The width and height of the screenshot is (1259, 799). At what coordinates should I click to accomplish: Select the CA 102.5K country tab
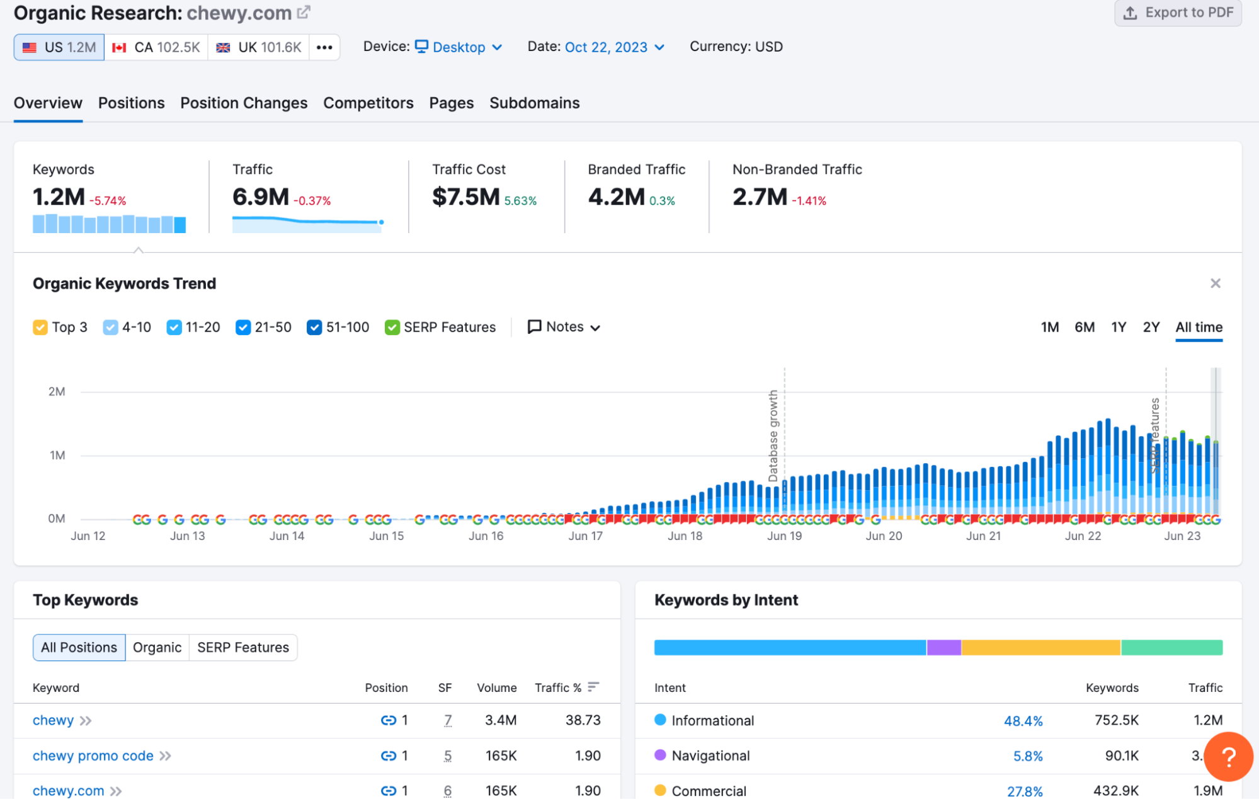click(x=156, y=47)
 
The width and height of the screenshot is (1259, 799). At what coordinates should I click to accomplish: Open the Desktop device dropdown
click(x=459, y=47)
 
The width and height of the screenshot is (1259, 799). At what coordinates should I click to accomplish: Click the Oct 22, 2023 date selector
click(x=614, y=47)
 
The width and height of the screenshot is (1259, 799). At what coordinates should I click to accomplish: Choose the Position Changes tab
click(x=244, y=103)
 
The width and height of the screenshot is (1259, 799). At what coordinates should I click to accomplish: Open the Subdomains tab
click(x=534, y=103)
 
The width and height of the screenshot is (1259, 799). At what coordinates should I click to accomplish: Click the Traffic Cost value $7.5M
click(x=465, y=197)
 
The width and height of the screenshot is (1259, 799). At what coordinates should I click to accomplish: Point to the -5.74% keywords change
click(x=108, y=201)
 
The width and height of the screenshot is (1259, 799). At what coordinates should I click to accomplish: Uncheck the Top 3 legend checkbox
click(x=40, y=327)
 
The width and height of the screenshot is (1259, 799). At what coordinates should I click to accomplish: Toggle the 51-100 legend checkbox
click(x=314, y=327)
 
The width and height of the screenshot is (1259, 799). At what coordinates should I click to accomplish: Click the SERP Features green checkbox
click(x=392, y=327)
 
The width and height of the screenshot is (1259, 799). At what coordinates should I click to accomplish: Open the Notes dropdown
click(x=564, y=327)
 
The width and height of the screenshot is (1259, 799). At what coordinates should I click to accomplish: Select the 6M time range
click(x=1084, y=327)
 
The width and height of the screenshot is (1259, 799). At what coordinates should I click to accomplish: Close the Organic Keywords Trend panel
click(x=1215, y=284)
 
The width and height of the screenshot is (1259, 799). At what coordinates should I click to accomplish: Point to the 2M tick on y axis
click(x=57, y=391)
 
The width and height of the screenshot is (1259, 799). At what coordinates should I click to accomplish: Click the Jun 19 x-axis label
click(x=784, y=536)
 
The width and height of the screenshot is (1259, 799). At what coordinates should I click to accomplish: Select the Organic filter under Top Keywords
click(x=157, y=647)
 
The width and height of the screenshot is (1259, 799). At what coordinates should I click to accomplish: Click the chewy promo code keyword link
click(x=93, y=756)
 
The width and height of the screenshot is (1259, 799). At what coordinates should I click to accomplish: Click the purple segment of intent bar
click(x=943, y=647)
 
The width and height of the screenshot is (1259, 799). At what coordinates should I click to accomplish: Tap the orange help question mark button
click(x=1228, y=756)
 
